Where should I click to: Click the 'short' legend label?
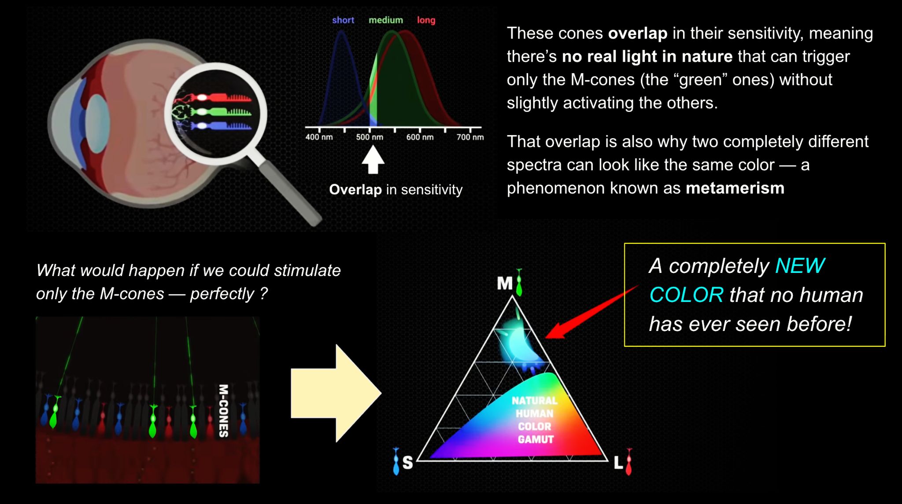[343, 20]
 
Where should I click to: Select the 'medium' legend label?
[386, 20]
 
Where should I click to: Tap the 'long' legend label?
[426, 20]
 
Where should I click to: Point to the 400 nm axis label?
[319, 137]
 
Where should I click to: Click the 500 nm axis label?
[370, 137]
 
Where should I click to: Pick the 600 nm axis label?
[420, 137]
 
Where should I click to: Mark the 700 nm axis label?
[470, 137]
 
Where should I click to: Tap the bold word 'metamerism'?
[735, 188]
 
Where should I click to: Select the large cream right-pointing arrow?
[336, 393]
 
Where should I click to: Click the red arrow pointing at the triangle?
[591, 312]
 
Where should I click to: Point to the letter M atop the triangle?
[505, 283]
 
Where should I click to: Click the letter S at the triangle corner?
[407, 462]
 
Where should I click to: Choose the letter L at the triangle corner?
[618, 462]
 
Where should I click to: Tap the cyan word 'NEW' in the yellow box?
[799, 266]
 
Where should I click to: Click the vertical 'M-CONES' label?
[224, 411]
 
